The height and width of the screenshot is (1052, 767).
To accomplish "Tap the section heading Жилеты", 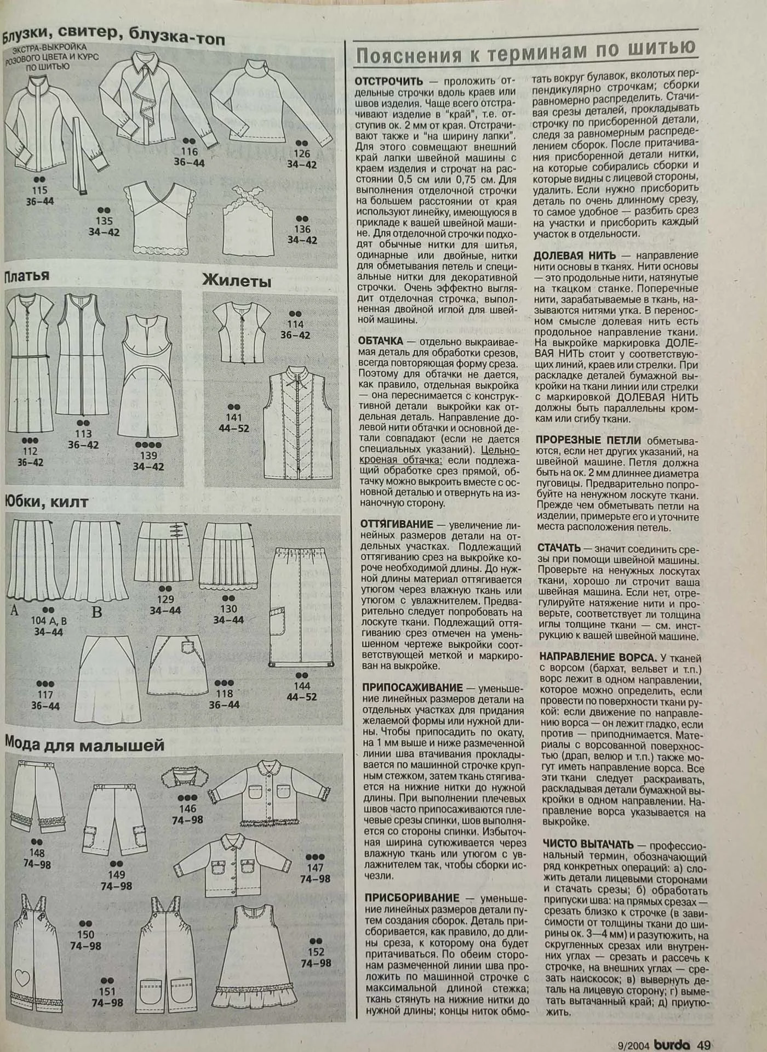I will click(237, 281).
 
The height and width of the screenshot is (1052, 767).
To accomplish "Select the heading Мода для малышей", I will click(84, 744).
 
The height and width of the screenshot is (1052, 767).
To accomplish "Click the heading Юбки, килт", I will click(46, 501).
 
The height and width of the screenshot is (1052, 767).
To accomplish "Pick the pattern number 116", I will click(189, 152).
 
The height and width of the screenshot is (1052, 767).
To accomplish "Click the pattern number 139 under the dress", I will click(148, 455).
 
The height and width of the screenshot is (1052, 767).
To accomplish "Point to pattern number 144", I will click(302, 686).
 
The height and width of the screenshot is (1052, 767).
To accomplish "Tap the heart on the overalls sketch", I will click(22, 976).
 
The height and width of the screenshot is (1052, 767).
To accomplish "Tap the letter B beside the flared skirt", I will click(96, 611).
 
